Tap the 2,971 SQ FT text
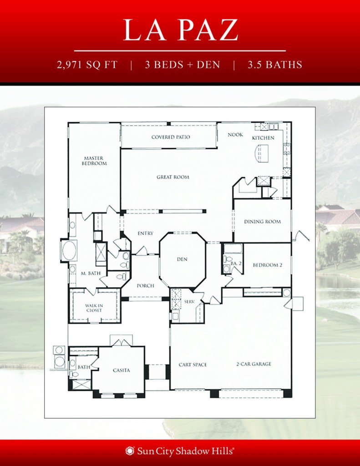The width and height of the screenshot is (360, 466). [87, 65]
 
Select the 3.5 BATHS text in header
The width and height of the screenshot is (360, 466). [275, 65]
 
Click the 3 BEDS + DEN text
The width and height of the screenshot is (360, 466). [183, 65]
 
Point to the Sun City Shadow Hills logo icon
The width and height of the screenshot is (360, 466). [130, 451]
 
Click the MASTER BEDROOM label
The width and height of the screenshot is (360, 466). [95, 161]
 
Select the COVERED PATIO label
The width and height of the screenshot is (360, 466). [171, 137]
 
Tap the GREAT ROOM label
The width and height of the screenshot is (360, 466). [173, 177]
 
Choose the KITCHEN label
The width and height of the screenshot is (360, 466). [264, 137]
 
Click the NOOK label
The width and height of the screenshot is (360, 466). [235, 135]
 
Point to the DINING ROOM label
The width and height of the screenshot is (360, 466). [262, 222]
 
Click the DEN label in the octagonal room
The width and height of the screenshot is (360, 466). [182, 259]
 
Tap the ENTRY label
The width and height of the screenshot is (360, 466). [145, 233]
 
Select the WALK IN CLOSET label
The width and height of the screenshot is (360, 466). [94, 308]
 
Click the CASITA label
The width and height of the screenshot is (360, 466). [121, 370]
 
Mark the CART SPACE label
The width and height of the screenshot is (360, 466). [193, 365]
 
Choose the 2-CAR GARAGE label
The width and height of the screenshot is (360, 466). [254, 364]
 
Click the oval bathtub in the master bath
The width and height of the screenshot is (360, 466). [69, 250]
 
